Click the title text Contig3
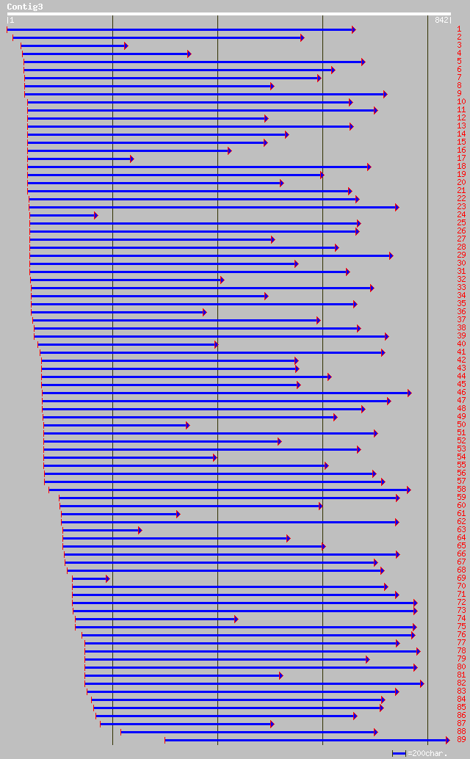click(x=25, y=7)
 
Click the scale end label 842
click(x=443, y=20)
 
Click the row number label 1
click(x=459, y=29)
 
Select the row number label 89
click(x=460, y=740)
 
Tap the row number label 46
click(x=460, y=393)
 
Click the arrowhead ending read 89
click(x=447, y=740)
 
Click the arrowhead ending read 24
click(x=95, y=215)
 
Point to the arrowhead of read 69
click(x=107, y=578)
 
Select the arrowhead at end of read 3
click(x=126, y=46)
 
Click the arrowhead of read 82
click(x=422, y=683)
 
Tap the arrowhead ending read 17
click(x=132, y=159)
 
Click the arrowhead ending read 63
click(x=140, y=530)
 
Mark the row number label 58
click(x=460, y=490)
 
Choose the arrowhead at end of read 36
click(x=204, y=312)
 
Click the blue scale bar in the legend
click(x=399, y=753)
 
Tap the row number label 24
click(x=460, y=215)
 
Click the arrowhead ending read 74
click(x=236, y=619)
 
